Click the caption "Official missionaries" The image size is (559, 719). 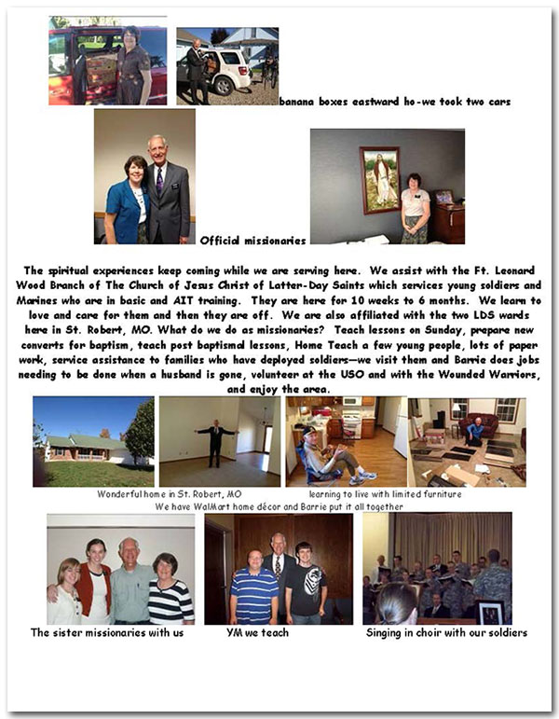252,241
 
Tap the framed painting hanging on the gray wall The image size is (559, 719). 379,178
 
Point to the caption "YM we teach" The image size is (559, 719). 257,632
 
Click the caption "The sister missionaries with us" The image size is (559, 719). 107,632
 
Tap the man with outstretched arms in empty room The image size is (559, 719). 216,439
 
